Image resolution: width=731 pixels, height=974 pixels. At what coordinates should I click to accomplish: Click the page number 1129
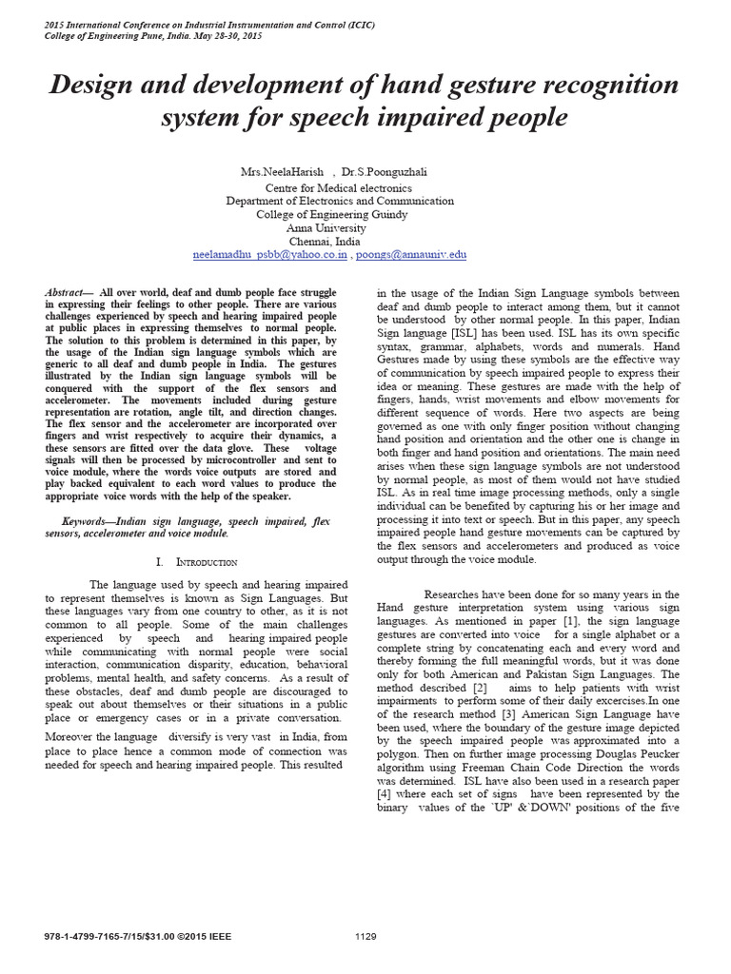(365, 937)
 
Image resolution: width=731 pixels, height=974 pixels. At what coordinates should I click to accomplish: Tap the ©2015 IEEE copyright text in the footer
(214, 937)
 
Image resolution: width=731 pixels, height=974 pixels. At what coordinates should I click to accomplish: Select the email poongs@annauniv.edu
(412, 255)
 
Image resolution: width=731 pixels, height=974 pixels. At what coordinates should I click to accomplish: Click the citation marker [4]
(383, 794)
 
